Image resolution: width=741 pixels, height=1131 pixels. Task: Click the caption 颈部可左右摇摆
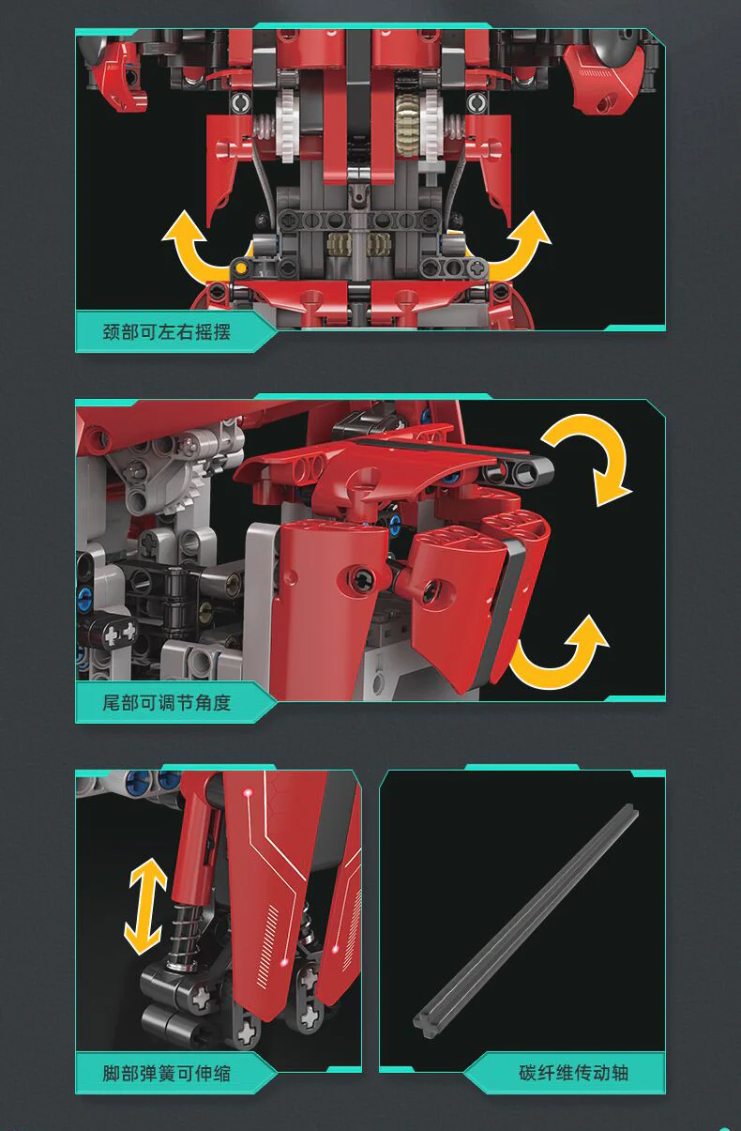166,332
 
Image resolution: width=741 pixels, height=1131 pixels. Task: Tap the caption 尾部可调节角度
166,702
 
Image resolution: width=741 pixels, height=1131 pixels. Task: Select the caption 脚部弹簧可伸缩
166,1073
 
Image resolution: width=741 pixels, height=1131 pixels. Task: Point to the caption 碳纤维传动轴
573,1073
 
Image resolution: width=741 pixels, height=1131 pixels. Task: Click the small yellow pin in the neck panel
242,267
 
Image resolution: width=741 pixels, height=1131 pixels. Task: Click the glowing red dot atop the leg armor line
248,793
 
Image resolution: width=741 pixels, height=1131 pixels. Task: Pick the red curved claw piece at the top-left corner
120,76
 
